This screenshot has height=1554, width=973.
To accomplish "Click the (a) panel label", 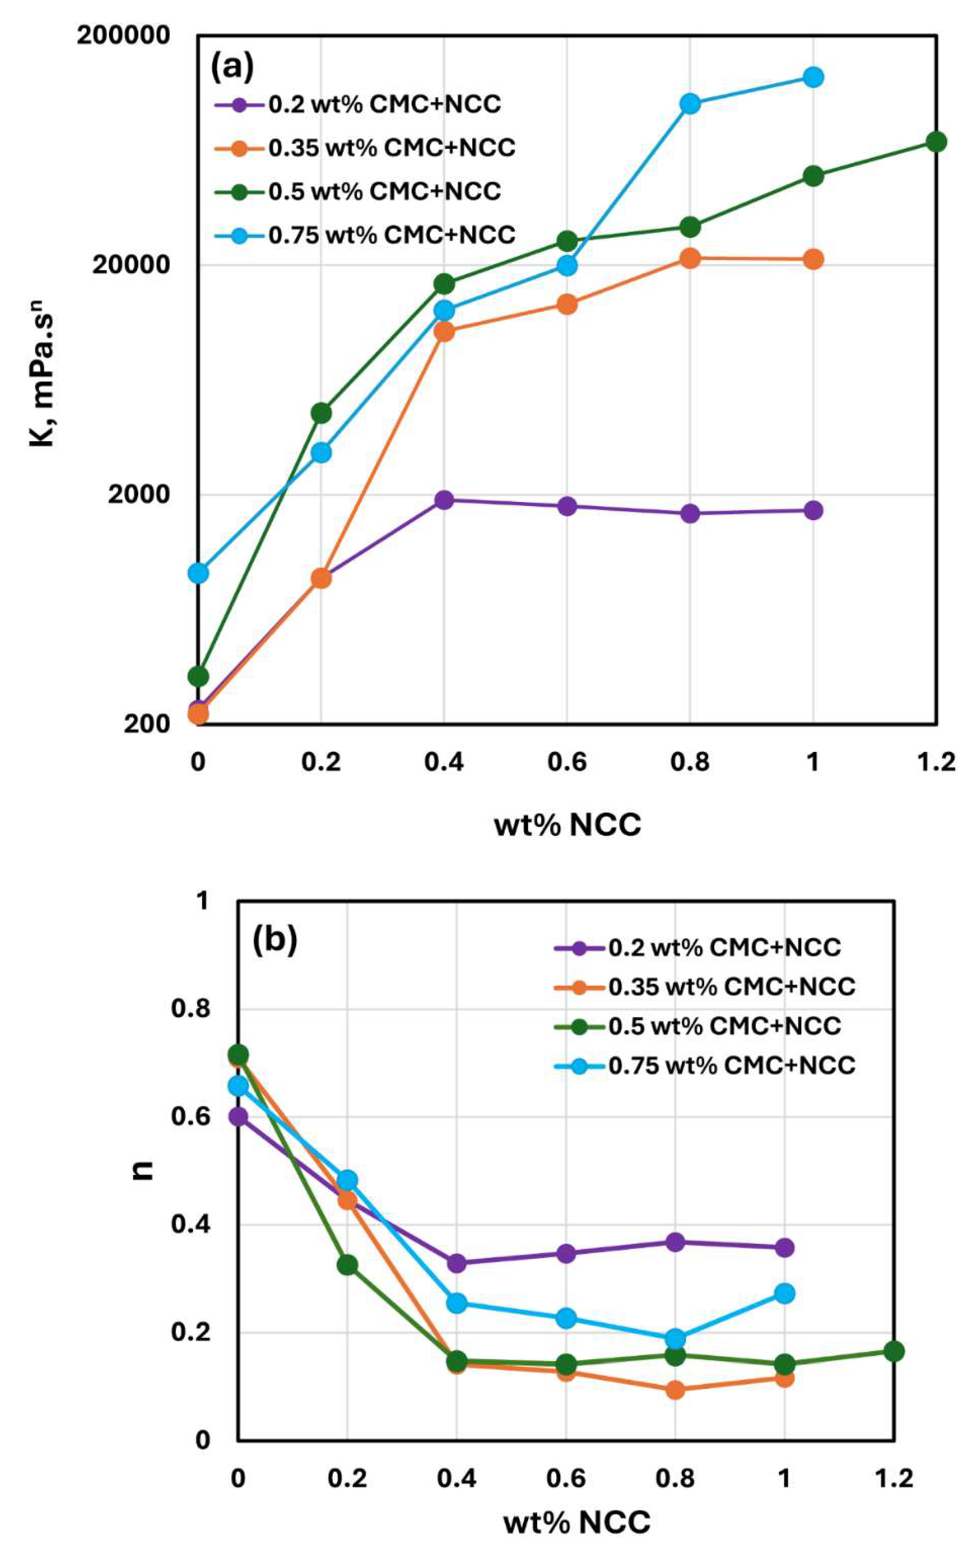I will (232, 67).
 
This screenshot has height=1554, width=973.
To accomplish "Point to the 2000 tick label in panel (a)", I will (138, 494).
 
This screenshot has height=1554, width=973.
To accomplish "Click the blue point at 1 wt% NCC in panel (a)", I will (814, 77).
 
